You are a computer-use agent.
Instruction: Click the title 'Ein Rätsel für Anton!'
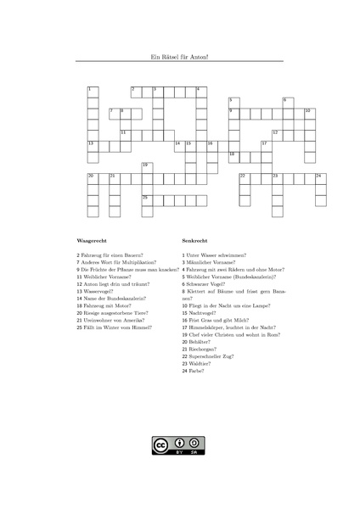pyautogui.click(x=179, y=57)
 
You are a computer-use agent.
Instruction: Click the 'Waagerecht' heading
pyautogui.click(x=92, y=240)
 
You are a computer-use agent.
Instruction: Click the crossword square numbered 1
pyautogui.click(x=93, y=92)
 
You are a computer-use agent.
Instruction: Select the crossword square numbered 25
pyautogui.click(x=147, y=200)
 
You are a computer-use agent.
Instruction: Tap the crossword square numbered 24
pyautogui.click(x=320, y=179)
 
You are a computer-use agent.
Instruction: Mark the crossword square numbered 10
pyautogui.click(x=309, y=114)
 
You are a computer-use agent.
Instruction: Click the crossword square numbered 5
pyautogui.click(x=233, y=103)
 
